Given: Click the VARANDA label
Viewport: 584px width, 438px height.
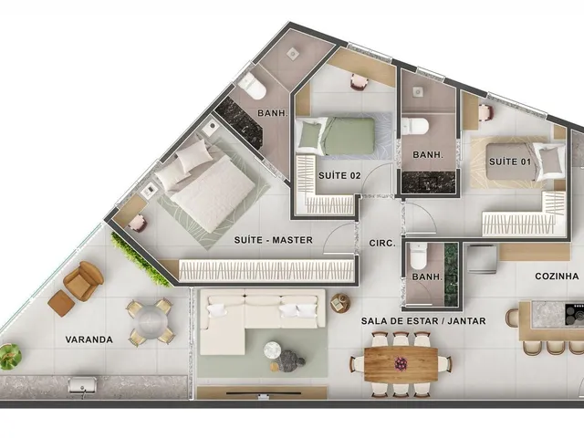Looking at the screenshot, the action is (89, 339).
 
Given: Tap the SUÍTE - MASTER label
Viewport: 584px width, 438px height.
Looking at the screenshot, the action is (274, 240).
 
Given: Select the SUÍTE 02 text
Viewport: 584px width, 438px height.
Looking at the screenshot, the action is (339, 175).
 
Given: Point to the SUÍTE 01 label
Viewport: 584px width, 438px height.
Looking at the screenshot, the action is (510, 162).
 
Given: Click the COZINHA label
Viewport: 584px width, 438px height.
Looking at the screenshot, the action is (557, 276).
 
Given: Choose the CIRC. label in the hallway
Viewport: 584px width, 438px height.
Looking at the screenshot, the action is (382, 244).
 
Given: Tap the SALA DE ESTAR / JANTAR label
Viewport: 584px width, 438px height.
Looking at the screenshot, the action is (423, 320).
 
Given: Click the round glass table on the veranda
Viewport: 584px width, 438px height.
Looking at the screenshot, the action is (151, 322).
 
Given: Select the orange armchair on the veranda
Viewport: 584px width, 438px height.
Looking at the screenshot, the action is (83, 281).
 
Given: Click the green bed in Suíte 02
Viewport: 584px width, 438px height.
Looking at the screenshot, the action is (335, 136).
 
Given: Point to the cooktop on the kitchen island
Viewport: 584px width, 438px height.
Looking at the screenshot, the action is (574, 312).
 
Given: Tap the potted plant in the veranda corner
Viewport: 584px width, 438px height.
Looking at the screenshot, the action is (9, 357).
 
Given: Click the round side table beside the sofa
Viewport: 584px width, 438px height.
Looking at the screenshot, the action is (340, 302).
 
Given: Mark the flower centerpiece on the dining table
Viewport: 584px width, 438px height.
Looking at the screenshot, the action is (401, 363).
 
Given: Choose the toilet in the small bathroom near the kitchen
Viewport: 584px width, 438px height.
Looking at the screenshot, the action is (418, 256).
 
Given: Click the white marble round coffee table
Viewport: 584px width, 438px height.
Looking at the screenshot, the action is (273, 349).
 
